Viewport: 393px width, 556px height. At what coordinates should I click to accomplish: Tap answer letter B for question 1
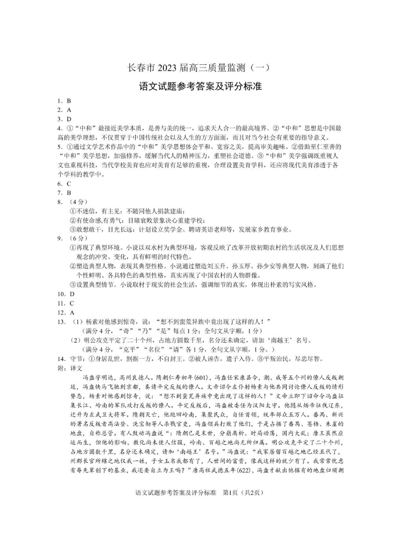68,101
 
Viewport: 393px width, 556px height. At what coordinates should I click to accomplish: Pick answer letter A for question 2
69,110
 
